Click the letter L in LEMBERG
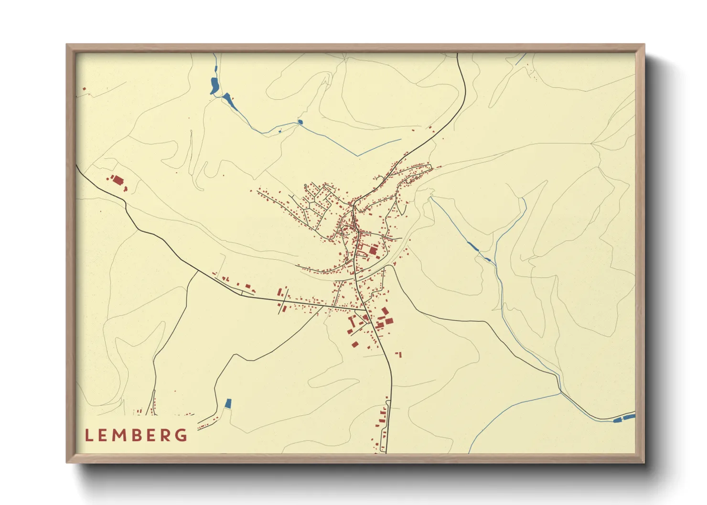(88, 435)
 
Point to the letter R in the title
(165, 435)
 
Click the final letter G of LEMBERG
(181, 435)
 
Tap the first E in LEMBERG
(103, 435)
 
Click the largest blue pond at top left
(214, 85)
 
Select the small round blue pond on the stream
(300, 122)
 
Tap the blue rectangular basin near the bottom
(228, 403)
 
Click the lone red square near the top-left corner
(84, 89)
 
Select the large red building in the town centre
(373, 250)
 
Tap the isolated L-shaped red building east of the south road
(399, 354)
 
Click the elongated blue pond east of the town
(472, 247)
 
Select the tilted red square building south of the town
(355, 344)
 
